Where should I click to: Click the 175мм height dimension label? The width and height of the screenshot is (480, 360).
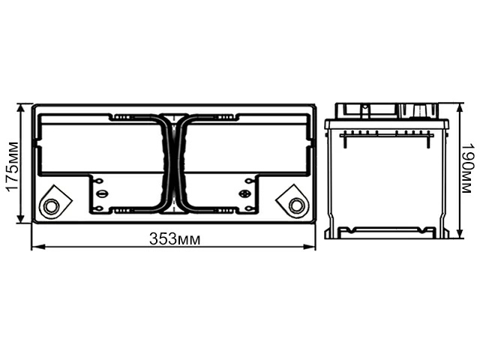[x=12, y=166]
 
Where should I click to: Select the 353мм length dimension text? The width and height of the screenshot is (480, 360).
[x=174, y=239]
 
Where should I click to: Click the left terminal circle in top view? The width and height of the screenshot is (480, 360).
[x=51, y=205]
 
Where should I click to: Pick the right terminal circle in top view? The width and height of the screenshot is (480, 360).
[x=296, y=205]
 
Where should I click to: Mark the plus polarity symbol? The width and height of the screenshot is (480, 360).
[x=244, y=193]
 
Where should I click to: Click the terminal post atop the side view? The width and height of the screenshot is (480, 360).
[x=421, y=111]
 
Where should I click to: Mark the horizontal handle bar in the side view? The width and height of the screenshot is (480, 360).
[x=386, y=132]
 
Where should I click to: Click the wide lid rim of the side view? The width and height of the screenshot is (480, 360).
[x=386, y=123]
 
